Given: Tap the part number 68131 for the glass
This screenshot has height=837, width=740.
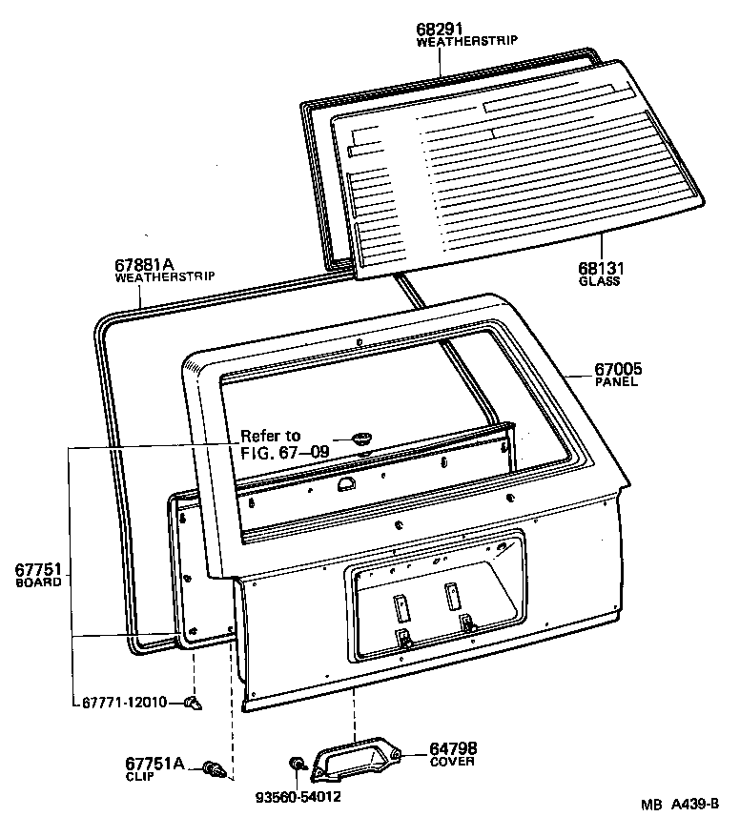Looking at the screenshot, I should [599, 270].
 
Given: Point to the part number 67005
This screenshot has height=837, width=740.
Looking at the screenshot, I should [617, 370].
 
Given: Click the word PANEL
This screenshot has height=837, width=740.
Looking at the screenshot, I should [616, 382].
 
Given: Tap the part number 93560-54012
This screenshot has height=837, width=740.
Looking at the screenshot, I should [298, 795].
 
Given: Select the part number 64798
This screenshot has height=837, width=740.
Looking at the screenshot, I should [453, 748].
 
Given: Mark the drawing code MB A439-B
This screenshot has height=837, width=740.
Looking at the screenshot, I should [680, 806].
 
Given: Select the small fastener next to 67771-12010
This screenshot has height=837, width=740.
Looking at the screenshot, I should [194, 704].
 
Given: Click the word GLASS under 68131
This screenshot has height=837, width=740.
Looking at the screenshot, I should [599, 282].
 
